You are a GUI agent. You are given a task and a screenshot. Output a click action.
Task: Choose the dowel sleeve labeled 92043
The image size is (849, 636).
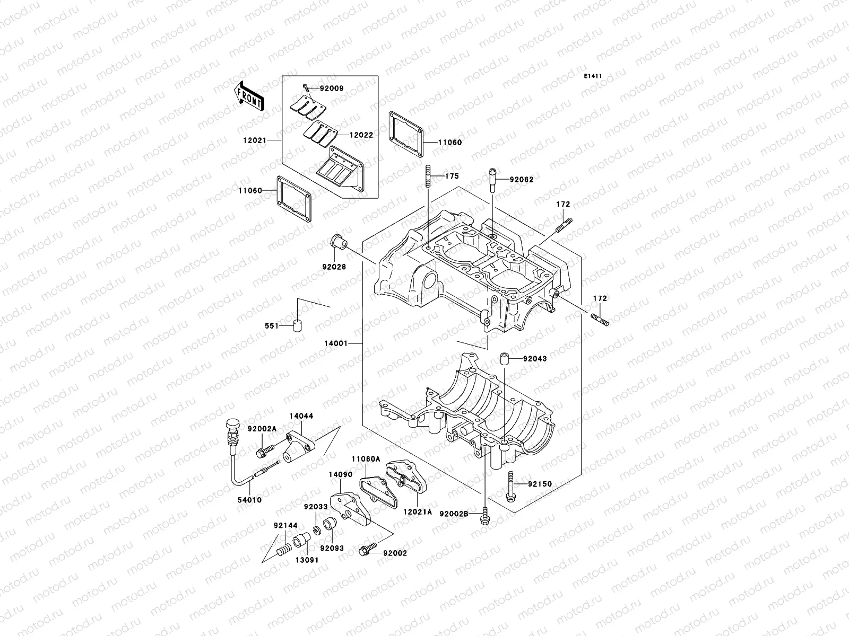click(x=504, y=359)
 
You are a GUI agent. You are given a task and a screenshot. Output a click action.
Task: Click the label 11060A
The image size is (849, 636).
click(x=366, y=459)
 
